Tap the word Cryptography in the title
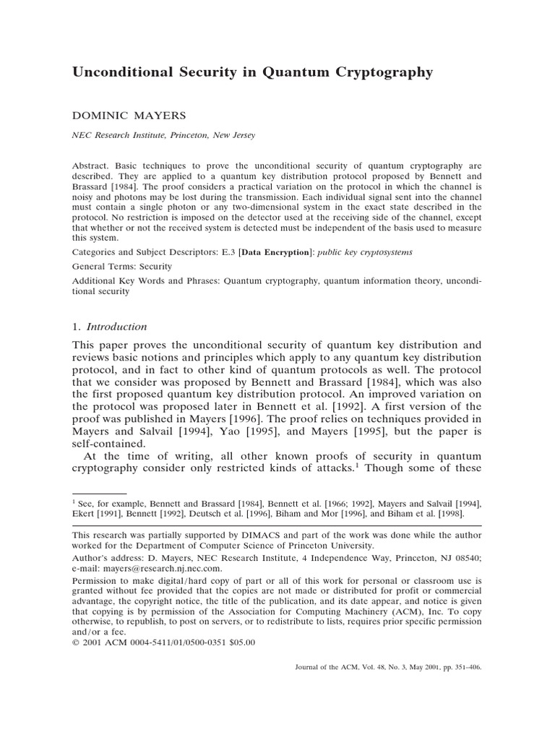pos(375,72)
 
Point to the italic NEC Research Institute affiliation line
pos(163,135)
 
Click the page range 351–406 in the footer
pos(463,668)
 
